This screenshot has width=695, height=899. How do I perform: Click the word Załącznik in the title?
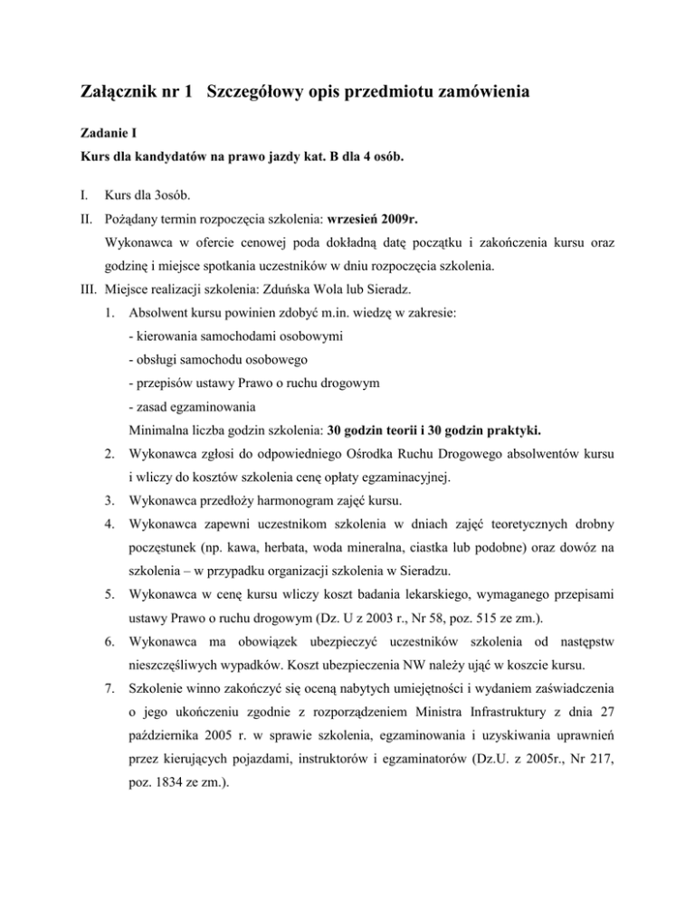(x=126, y=92)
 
